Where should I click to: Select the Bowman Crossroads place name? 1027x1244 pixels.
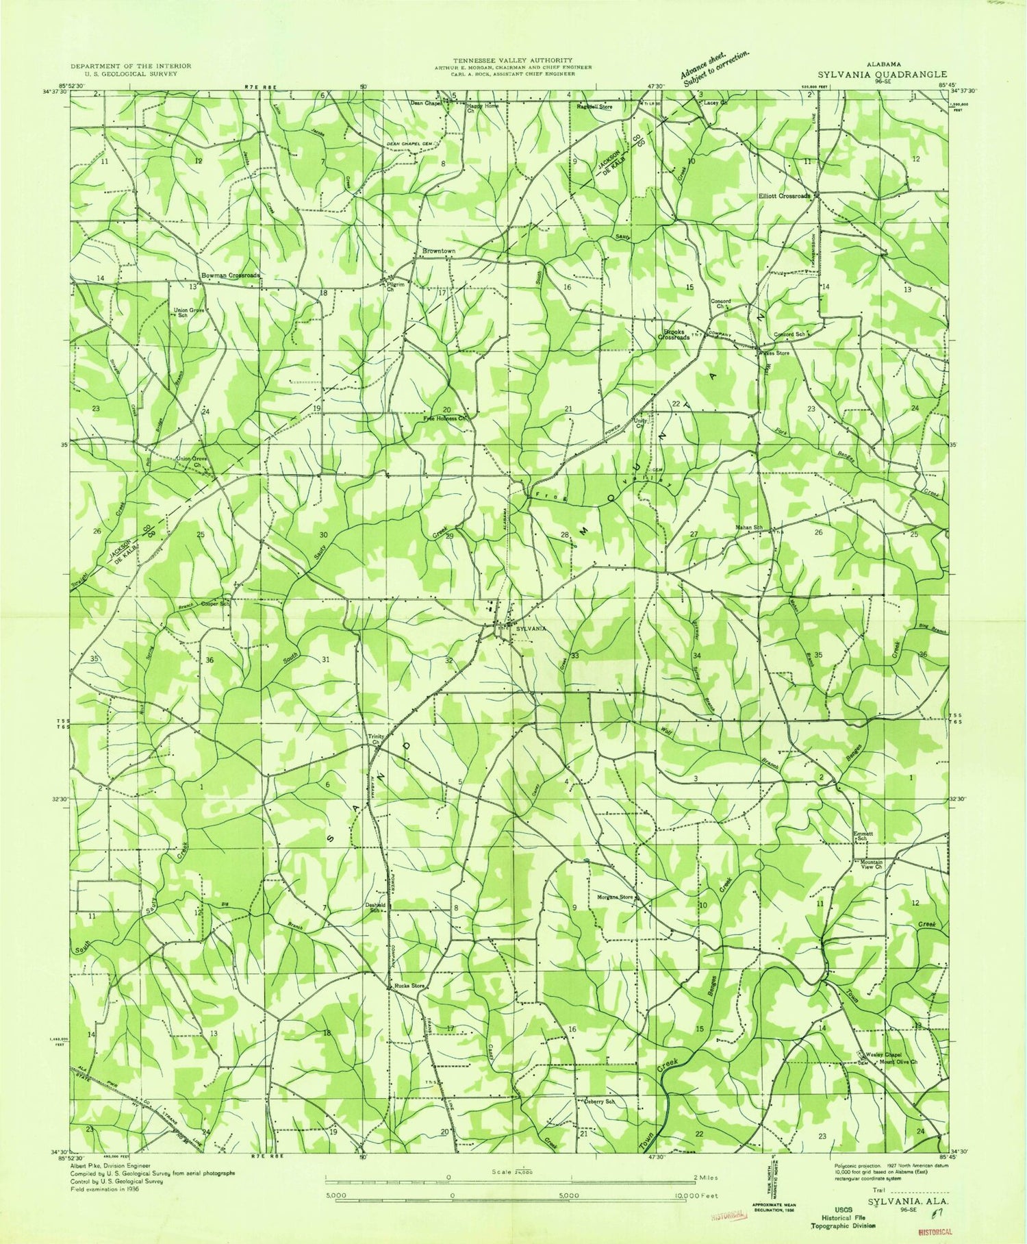(230, 275)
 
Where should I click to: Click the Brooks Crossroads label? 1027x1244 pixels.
(674, 334)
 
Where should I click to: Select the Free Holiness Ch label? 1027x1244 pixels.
(444, 418)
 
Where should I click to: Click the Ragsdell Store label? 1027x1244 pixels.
(594, 107)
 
